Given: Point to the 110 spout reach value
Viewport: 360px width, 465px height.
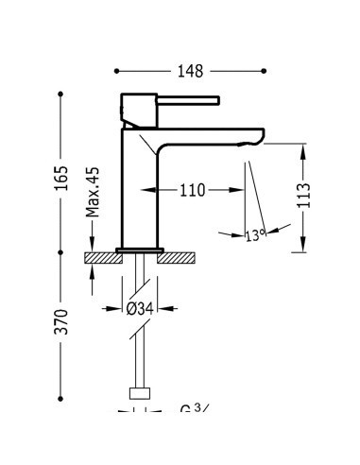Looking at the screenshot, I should pos(192,190).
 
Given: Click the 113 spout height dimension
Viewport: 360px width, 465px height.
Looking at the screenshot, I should pos(303,195).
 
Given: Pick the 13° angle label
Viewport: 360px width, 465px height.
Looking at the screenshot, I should pos(254,235).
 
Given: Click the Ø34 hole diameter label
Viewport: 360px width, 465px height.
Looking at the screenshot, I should pos(142,308).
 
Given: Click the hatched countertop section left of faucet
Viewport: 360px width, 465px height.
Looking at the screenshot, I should pos(102,256).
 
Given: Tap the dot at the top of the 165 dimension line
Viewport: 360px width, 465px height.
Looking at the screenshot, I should pos(60,94).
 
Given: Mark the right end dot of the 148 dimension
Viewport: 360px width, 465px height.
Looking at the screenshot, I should pos(265,71).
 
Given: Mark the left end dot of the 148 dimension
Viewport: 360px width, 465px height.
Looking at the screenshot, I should pos(116,71).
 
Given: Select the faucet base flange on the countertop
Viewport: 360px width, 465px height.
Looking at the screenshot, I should pos(139,250).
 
